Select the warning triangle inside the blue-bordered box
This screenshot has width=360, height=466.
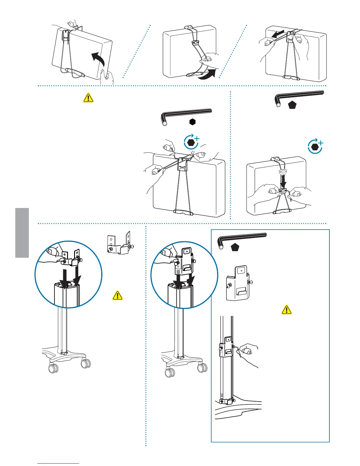(286, 309)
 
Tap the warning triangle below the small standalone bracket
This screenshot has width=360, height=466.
(118, 295)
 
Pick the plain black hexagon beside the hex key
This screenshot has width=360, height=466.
(192, 122)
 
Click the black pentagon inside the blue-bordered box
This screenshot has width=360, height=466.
(235, 248)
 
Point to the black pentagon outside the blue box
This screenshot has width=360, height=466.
(292, 105)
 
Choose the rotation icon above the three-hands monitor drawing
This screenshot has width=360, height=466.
(191, 142)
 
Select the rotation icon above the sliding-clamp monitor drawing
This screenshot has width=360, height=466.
(315, 147)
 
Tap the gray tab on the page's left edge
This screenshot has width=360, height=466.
(22, 232)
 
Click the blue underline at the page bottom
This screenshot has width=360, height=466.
(58, 463)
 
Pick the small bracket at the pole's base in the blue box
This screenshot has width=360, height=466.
(225, 401)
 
